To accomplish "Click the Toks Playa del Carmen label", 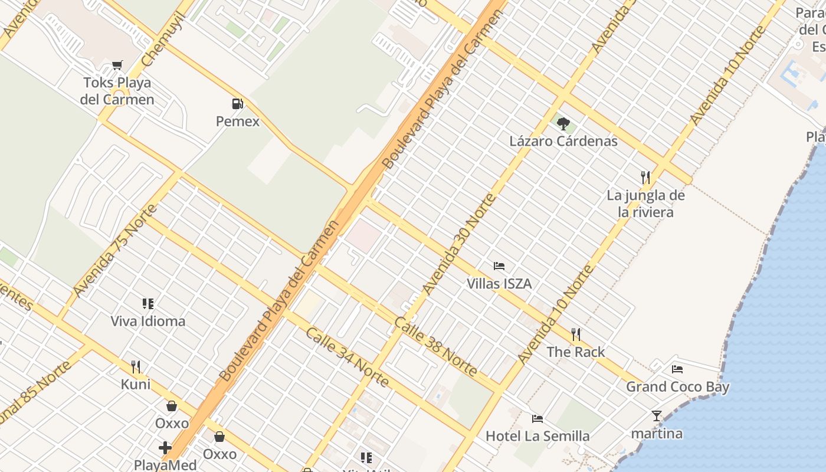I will click(117, 91).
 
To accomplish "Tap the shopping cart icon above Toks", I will click(117, 65).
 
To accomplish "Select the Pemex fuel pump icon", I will click(237, 104).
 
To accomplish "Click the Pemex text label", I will click(237, 122).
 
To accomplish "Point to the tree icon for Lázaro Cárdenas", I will click(563, 123).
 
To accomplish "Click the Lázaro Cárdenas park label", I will click(563, 141).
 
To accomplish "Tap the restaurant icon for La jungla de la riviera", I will click(645, 176).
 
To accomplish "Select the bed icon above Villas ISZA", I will click(499, 265).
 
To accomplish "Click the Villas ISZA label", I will click(499, 284).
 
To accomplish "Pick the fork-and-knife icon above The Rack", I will click(576, 335).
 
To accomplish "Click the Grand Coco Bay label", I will click(677, 387).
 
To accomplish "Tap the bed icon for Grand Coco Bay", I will click(677, 369).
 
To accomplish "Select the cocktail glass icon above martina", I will click(657, 416).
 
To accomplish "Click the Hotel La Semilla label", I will click(537, 436).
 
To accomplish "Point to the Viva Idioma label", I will click(148, 322).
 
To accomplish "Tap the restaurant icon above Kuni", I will click(136, 366).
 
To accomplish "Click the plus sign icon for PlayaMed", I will click(165, 448).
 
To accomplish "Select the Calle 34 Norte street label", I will click(347, 357).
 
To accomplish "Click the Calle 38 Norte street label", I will click(435, 346).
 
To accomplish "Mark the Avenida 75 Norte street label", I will click(115, 251).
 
